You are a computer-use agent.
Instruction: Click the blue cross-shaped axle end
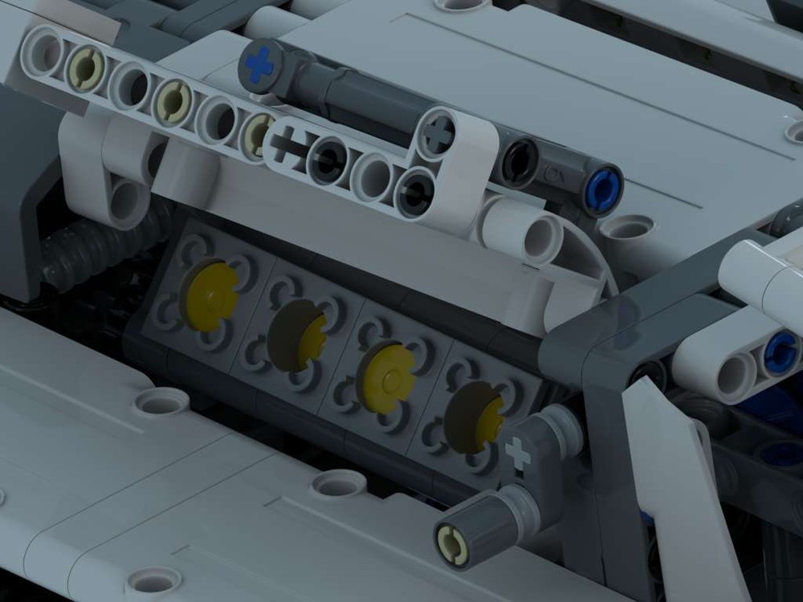pyautogui.click(x=260, y=64)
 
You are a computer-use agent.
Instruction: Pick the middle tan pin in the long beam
pyautogui.click(x=171, y=100)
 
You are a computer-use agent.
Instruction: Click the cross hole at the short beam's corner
pyautogui.click(x=438, y=133)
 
